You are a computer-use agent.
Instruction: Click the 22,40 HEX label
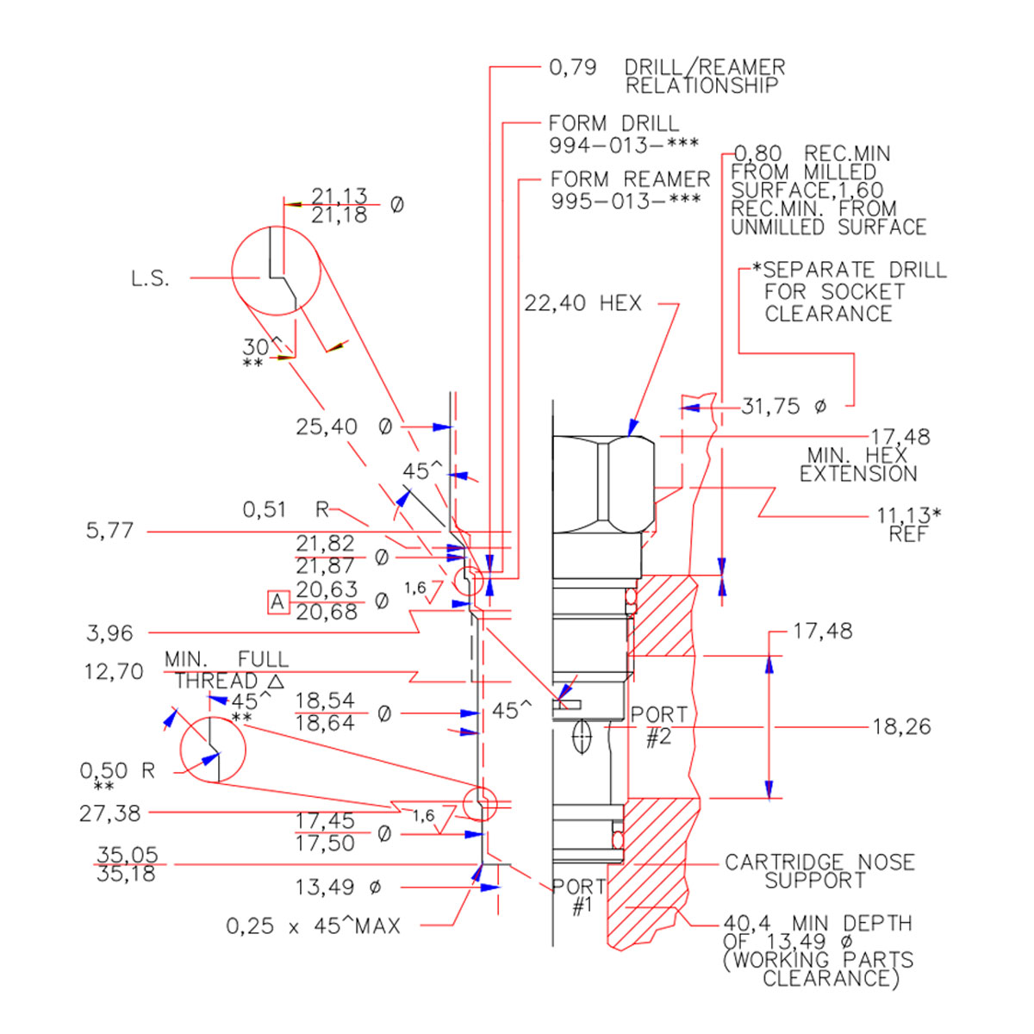pos(582,303)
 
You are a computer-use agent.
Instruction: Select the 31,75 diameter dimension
pos(782,406)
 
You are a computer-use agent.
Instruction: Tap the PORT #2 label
pos(659,726)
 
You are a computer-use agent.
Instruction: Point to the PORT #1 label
pos(579,896)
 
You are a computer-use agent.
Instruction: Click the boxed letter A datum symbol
pos(277,601)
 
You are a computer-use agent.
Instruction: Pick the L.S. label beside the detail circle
pos(150,278)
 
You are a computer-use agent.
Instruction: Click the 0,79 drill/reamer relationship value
pos(573,67)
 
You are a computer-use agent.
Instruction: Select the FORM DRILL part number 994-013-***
pos(624,146)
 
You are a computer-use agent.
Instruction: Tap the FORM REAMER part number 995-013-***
pos(626,201)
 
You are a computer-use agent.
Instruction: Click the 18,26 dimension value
pos(901,726)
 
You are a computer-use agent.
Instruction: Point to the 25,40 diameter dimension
pos(344,427)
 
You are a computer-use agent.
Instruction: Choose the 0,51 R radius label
pos(286,509)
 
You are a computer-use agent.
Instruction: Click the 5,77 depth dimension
pos(109,531)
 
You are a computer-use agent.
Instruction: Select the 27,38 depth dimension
pos(109,813)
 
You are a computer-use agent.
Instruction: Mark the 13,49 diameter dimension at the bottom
pos(338,887)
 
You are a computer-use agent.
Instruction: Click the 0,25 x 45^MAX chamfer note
pos(313,926)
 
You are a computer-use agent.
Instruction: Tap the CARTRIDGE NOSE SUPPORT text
pos(819,871)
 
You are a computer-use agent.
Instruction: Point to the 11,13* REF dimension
pos(909,524)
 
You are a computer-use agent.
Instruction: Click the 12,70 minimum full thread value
pos(114,671)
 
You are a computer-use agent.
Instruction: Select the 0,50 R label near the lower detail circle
pos(117,771)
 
